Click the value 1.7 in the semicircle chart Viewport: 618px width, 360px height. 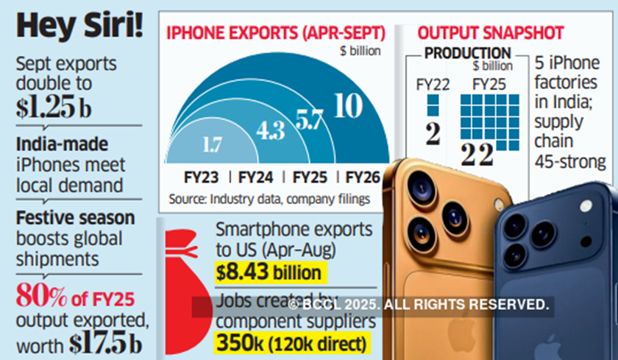tap(212, 144)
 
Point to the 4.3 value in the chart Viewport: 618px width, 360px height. tap(271, 130)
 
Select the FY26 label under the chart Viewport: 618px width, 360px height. tap(363, 177)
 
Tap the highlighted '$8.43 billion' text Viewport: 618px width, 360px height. tap(268, 273)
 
